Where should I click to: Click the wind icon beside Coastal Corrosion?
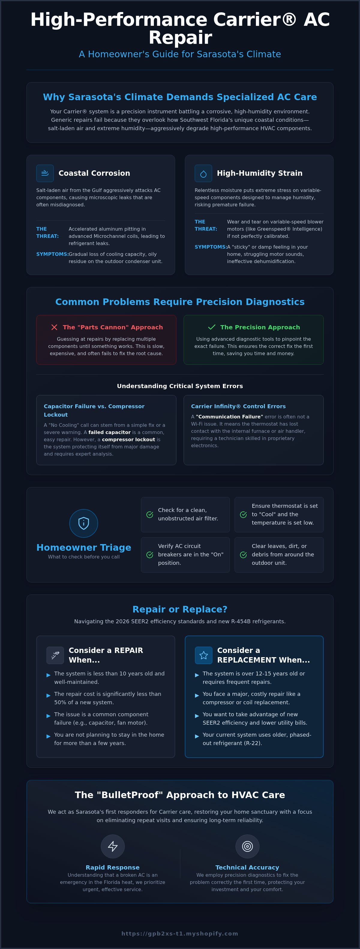[x=45, y=173]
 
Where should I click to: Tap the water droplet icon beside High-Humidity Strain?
[x=203, y=174]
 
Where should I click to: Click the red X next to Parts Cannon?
[x=54, y=327]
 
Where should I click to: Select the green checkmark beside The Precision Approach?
[x=211, y=327]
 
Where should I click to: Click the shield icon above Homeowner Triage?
[x=84, y=523]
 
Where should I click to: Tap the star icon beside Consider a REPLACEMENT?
[x=203, y=655]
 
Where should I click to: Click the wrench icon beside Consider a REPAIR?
[x=55, y=655]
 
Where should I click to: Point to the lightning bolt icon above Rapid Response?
[x=113, y=846]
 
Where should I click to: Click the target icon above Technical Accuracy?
[x=247, y=846]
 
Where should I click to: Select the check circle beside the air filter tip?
[x=150, y=515]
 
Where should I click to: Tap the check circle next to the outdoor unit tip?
[x=243, y=555]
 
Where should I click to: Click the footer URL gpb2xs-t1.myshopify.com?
[x=180, y=933]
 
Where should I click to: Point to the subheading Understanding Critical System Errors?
[x=180, y=386]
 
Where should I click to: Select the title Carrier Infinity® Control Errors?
[x=238, y=406]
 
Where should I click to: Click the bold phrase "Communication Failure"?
[x=229, y=417]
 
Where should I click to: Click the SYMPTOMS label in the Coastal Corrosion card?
[x=52, y=254]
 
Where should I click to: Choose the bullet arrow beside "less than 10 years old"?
[x=48, y=675]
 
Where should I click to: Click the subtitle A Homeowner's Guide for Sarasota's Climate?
[x=180, y=54]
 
